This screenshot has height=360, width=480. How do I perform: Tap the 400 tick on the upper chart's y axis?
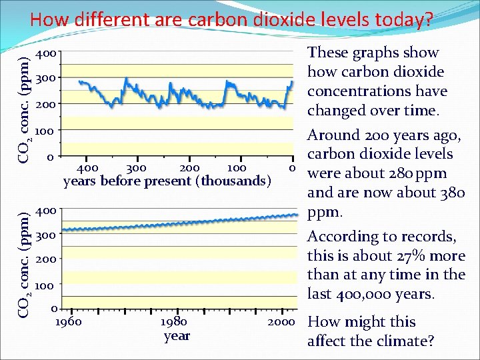[48, 53]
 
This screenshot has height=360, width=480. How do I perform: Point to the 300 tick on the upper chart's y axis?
[48, 79]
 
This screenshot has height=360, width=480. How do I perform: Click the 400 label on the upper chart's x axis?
[88, 167]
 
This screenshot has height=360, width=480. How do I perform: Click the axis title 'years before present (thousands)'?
[167, 181]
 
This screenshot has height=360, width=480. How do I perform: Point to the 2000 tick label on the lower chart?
[281, 322]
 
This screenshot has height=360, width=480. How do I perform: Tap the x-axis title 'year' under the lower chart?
[177, 335]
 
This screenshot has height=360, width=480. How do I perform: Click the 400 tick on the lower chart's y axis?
[48, 211]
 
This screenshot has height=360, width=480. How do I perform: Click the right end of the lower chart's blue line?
[297, 214]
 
